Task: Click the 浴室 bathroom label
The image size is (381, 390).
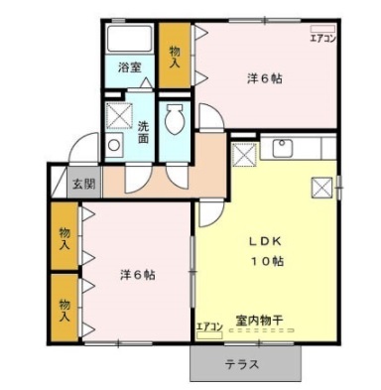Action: click(x=129, y=68)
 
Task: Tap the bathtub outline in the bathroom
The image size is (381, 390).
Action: click(x=130, y=41)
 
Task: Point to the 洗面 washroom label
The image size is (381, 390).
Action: click(x=143, y=133)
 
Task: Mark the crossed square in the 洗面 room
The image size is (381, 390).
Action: click(x=119, y=117)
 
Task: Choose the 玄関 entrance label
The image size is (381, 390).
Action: click(x=83, y=184)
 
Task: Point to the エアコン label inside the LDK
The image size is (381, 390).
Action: click(x=209, y=325)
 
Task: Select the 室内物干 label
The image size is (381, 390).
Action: click(x=259, y=321)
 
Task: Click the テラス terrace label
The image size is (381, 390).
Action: click(x=243, y=364)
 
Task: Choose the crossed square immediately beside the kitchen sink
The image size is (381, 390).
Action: click(x=244, y=154)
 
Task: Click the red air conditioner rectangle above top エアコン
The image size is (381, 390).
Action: click(x=324, y=29)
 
